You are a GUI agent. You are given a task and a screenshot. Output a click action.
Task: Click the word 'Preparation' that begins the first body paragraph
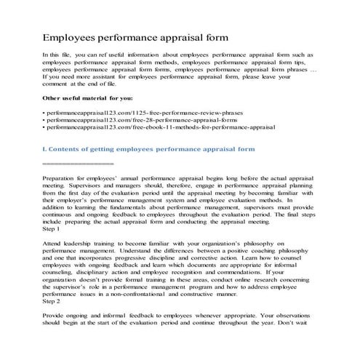(x=63, y=178)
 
